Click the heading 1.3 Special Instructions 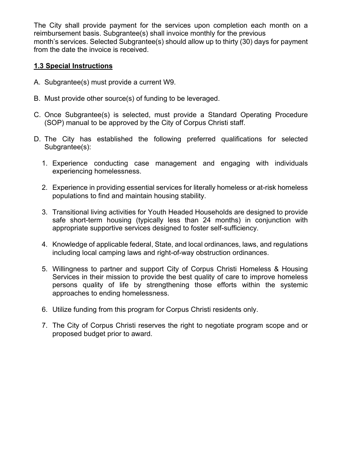point(73,66)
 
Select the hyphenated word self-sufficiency point(234,228)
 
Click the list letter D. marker point(37,139)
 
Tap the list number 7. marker point(45,326)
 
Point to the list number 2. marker point(45,188)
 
